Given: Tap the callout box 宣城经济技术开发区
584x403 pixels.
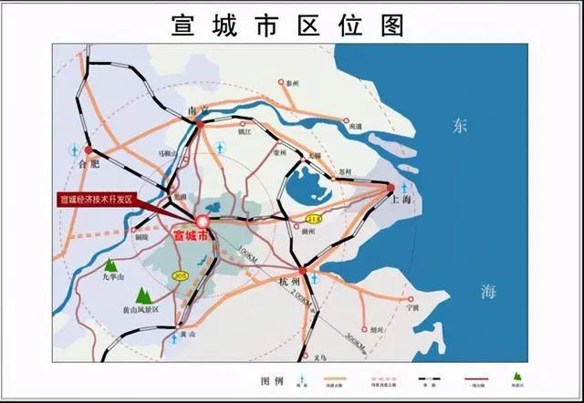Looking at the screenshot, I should coord(95,199).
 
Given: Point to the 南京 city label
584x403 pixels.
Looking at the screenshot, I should coord(198,111).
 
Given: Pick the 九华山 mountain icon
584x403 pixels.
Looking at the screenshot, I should coord(110,267).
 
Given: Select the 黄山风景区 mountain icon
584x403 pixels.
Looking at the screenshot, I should coord(142,295).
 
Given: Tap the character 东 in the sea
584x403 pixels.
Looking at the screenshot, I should coord(459,128).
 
